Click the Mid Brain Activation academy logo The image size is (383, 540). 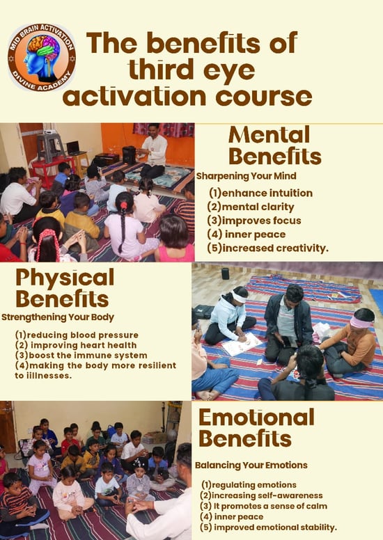41,57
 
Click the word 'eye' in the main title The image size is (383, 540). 229,70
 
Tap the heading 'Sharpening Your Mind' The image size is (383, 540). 246,176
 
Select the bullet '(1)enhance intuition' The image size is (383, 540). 260,193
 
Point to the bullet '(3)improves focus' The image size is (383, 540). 254,221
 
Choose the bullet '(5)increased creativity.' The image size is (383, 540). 268,248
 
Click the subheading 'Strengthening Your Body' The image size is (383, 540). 58,317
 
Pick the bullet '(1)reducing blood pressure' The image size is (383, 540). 77,335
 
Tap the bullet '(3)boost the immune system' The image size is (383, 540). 81,355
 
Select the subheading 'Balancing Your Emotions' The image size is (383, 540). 251,466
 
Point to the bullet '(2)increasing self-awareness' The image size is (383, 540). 261,495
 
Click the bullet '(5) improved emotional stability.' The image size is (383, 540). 268,527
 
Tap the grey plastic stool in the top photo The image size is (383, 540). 49,147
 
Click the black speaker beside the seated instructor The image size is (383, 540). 130,154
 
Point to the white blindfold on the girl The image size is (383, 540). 240,297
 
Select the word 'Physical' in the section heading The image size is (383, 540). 65,278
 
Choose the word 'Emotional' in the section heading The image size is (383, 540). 256,417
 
